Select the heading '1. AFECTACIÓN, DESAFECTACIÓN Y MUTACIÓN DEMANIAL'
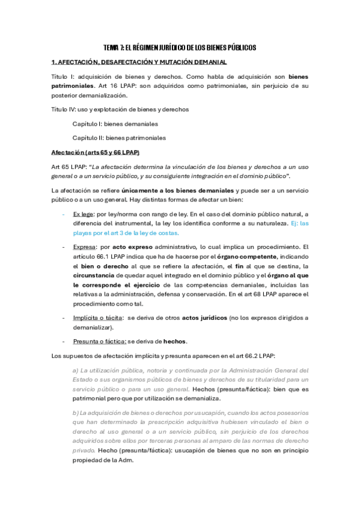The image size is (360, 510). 139,63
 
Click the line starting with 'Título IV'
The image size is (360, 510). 120,109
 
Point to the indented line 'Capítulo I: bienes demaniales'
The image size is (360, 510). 115,124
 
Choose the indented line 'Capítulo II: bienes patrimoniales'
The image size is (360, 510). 119,138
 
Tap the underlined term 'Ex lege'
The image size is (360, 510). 83,214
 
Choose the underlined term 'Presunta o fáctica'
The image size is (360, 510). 99,341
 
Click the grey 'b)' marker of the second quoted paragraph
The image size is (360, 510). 75,413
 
